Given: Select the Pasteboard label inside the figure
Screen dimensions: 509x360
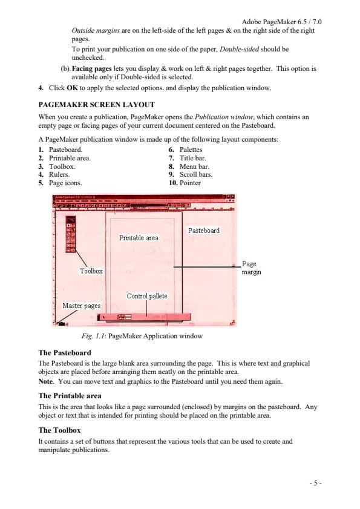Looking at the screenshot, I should click(203, 231).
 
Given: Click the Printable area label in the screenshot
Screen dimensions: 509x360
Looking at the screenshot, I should click(139, 238).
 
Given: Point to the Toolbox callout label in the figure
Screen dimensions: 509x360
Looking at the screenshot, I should click(91, 271).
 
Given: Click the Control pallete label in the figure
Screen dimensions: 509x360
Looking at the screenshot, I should click(146, 296).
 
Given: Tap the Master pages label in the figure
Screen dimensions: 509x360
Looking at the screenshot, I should click(82, 306).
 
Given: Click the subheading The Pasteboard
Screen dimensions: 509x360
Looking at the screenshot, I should click(65, 352).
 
